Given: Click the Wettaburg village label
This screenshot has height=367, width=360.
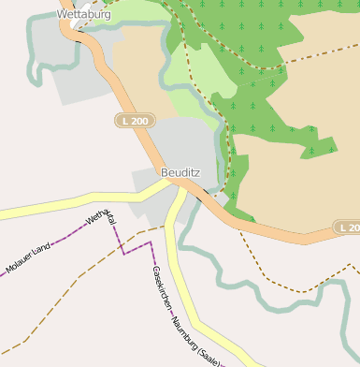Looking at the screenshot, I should pos(83,15).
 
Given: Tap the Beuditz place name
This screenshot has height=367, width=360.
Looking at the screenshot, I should pos(180,172).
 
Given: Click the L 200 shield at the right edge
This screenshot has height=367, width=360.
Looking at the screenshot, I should pos(348,228).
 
